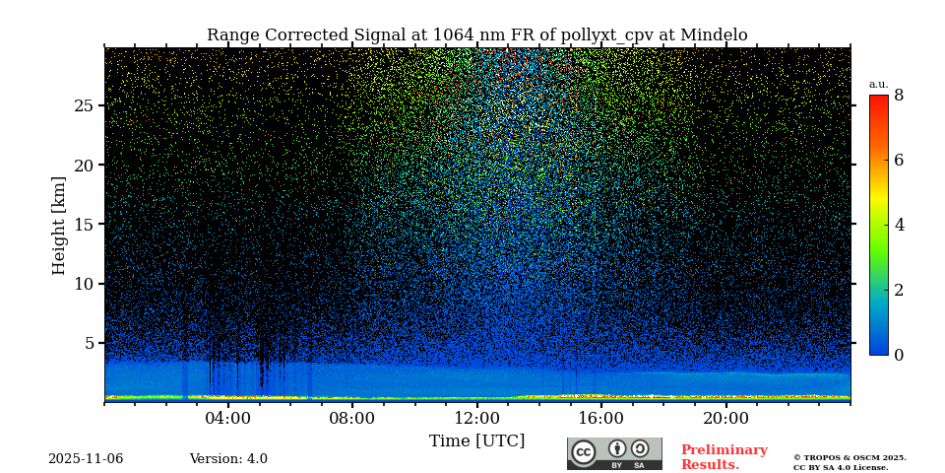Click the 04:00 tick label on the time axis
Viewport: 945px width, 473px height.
coord(228,418)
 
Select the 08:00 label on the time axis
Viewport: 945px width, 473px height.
coord(352,418)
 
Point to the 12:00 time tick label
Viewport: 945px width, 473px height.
coord(477,418)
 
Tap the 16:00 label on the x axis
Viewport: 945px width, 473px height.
coord(601,418)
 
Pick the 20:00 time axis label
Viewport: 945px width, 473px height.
coord(725,418)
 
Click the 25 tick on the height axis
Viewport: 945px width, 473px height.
coord(84,105)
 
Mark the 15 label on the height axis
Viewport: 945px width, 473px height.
coord(84,225)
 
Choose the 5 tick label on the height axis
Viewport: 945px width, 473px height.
coord(89,343)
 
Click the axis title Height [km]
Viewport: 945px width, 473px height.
coord(59,225)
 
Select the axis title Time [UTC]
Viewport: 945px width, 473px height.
coord(477,440)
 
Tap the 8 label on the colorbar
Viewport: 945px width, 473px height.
coord(899,96)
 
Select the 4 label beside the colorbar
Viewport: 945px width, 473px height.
coord(899,225)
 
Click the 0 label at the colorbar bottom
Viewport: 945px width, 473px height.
coord(899,355)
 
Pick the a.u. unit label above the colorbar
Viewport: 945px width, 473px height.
coord(878,84)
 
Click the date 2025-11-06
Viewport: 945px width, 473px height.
coord(86,459)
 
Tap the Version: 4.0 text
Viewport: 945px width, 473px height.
coord(228,459)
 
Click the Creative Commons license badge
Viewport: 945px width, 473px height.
coord(614,453)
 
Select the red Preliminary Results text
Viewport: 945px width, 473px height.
coord(724,457)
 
